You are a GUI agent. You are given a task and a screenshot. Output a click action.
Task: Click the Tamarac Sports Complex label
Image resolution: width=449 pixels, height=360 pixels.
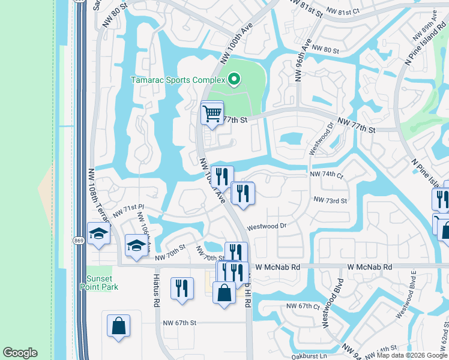[178, 80]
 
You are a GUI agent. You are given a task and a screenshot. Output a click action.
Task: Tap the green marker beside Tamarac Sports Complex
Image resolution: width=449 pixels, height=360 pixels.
[235, 79]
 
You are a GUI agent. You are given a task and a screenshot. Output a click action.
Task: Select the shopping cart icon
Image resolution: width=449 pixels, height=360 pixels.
[212, 113]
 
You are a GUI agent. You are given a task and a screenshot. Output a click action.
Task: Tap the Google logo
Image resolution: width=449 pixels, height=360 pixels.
[20, 353]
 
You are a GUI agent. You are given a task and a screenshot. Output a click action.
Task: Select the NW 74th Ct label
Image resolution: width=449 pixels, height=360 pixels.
[325, 175]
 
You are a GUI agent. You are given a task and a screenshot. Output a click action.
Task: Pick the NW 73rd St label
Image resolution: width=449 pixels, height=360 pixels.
[330, 200]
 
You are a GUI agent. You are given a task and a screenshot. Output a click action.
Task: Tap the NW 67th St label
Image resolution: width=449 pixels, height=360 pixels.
[180, 323]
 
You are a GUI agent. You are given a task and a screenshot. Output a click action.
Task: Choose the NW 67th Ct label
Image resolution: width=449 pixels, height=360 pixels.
[303, 306]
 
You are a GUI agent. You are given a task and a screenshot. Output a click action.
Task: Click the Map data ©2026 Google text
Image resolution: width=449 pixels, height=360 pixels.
[412, 355]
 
